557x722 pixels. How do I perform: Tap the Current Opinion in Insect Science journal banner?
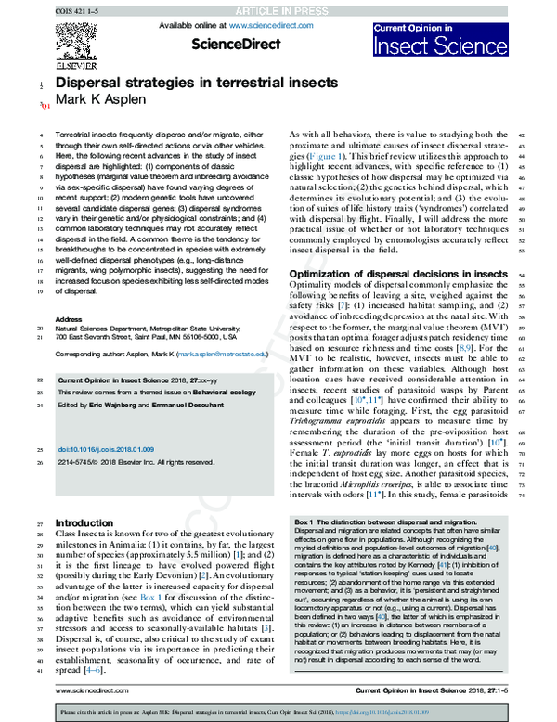439,36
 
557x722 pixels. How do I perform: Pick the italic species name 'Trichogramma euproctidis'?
341,419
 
